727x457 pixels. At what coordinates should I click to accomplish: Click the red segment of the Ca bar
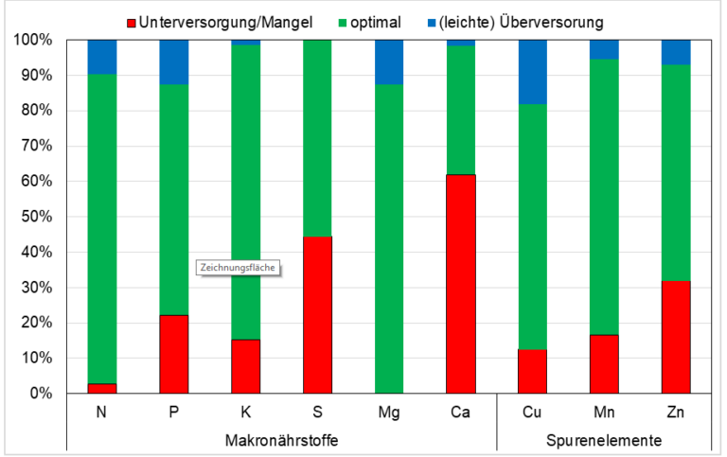pyautogui.click(x=460, y=284)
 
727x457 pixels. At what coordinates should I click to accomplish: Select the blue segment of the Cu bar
pyautogui.click(x=532, y=72)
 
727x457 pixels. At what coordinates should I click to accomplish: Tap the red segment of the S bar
pyautogui.click(x=318, y=315)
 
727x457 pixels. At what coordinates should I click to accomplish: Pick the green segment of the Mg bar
pyautogui.click(x=389, y=238)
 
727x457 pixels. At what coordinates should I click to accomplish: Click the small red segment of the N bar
pyautogui.click(x=102, y=389)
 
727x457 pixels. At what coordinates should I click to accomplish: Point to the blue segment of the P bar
pyautogui.click(x=174, y=62)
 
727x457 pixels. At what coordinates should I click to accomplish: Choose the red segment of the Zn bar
pyautogui.click(x=676, y=337)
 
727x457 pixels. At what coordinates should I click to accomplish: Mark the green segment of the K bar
pyautogui.click(x=246, y=192)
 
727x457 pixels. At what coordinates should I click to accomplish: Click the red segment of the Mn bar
pyautogui.click(x=604, y=364)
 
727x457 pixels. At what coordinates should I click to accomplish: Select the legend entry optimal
pyautogui.click(x=370, y=23)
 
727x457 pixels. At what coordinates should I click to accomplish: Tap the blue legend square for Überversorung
pyautogui.click(x=432, y=23)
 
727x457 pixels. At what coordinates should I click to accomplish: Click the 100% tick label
pyautogui.click(x=32, y=40)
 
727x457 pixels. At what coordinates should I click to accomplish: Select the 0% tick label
pyautogui.click(x=41, y=394)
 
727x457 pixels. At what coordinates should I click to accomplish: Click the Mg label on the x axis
pyautogui.click(x=389, y=412)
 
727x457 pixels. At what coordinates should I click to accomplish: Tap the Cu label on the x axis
pyautogui.click(x=532, y=412)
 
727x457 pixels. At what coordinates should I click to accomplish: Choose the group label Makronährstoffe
pyautogui.click(x=281, y=440)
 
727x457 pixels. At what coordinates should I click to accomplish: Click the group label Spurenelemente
pyautogui.click(x=604, y=440)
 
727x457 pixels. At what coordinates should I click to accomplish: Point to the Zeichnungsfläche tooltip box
pyautogui.click(x=238, y=268)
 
